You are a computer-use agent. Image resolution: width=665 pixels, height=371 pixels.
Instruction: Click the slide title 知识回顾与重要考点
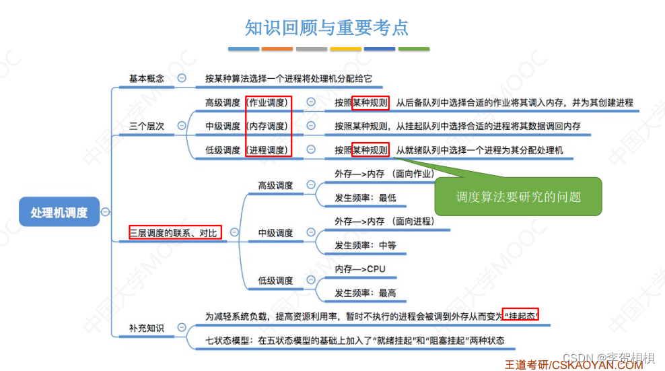[x=327, y=28]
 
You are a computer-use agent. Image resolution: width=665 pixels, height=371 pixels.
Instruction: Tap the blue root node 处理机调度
[x=59, y=212]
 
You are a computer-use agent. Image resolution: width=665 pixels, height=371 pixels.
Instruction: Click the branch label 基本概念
[x=146, y=79]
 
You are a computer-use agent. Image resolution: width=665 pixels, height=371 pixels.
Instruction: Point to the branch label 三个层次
[x=146, y=126]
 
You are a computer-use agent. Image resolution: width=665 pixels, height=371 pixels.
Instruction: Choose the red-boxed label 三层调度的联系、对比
[x=175, y=233]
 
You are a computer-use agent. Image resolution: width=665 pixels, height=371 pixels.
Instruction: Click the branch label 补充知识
[x=146, y=328]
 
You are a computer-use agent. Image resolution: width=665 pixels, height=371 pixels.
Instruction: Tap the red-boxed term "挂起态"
[x=522, y=316]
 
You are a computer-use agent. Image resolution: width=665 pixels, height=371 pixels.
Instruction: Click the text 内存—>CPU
[x=360, y=269]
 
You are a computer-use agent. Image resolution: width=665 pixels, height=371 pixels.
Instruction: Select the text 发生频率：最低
[x=365, y=198]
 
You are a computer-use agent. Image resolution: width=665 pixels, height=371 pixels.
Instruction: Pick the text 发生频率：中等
[x=365, y=245]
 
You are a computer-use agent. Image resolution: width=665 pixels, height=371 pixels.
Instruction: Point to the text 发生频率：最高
[x=365, y=293]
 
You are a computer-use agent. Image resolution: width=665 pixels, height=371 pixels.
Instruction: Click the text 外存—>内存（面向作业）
[x=384, y=174]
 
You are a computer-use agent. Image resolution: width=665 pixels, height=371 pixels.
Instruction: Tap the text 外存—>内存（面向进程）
[x=384, y=221]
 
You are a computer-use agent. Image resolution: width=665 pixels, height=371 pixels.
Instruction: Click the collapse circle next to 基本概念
[x=182, y=79]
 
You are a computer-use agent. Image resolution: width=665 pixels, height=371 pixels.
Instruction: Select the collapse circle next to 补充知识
[x=182, y=328]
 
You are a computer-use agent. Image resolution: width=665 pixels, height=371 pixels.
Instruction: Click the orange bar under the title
[x=277, y=49]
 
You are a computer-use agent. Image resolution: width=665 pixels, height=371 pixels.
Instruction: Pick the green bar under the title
[x=413, y=49]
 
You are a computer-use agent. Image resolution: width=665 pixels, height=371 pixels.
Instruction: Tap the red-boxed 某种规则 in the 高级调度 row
[x=370, y=103]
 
